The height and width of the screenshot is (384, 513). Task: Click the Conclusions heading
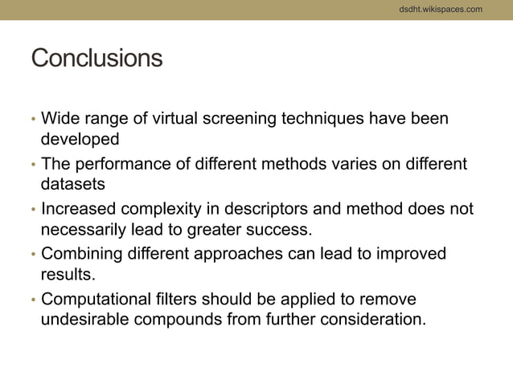pos(96,59)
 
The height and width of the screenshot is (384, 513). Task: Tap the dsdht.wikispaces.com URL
pos(441,9)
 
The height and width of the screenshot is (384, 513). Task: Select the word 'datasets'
pos(73,184)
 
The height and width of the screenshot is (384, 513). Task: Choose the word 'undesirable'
pos(88,320)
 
